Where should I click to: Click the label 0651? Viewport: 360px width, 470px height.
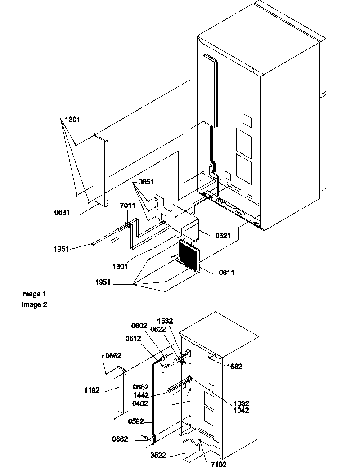pyautogui.click(x=146, y=182)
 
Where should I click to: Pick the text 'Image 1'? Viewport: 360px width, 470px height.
pyautogui.click(x=33, y=294)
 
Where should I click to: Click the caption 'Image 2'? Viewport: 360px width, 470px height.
pyautogui.click(x=33, y=304)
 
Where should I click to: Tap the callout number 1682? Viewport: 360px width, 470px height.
pyautogui.click(x=234, y=367)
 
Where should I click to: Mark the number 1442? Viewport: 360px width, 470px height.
pyautogui.click(x=141, y=394)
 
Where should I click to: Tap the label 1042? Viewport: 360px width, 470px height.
pyautogui.click(x=241, y=410)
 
